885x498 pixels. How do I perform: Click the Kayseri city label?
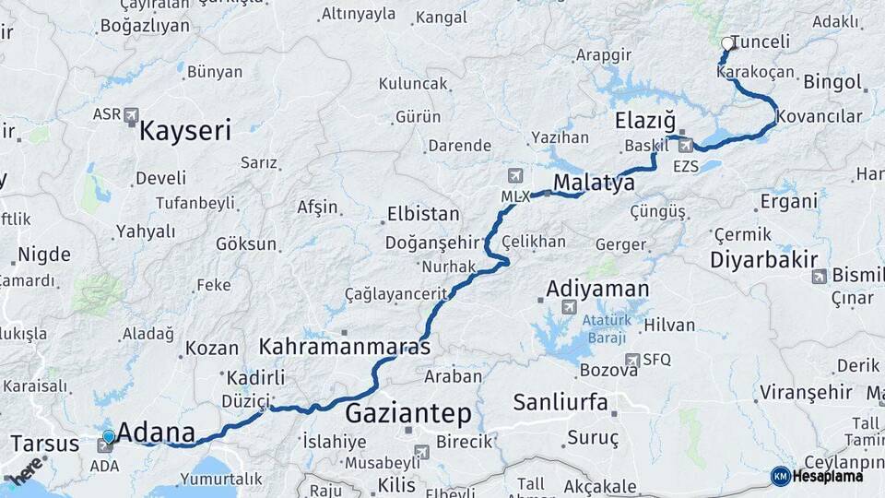[x=184, y=131]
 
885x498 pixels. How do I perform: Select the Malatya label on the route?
[x=594, y=182]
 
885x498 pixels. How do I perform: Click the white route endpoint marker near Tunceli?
[x=727, y=42]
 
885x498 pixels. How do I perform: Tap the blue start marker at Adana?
[x=109, y=436]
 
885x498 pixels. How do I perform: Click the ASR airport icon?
[x=129, y=115]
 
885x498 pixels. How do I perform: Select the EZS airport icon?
[x=685, y=145]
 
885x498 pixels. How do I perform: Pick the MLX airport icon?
[x=515, y=175]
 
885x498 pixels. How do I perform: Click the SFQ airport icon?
[x=632, y=360]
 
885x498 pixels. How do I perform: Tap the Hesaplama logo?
[x=817, y=476]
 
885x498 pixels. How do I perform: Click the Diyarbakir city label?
[x=764, y=260]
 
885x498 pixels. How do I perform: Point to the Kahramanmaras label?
[x=345, y=348]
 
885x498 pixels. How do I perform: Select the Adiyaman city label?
[x=597, y=288]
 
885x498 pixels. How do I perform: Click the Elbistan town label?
[x=424, y=214]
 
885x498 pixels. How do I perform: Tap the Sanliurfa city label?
[x=560, y=401]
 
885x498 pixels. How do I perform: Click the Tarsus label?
[x=44, y=444]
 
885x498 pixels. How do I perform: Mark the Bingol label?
[x=832, y=82]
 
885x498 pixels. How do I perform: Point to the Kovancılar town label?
[x=819, y=116]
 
